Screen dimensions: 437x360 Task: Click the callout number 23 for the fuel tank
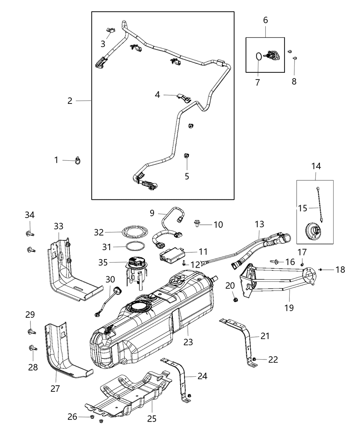tap(188, 342)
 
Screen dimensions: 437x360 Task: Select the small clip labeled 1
tap(78, 160)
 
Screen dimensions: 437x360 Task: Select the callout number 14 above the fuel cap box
tap(316, 166)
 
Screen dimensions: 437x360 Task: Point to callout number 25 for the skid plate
tap(152, 418)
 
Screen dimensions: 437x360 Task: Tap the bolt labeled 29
tap(31, 331)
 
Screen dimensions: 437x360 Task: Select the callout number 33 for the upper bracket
tap(59, 226)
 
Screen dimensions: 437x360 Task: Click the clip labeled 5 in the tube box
tap(187, 157)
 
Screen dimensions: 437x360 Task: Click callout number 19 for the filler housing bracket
tap(289, 307)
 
